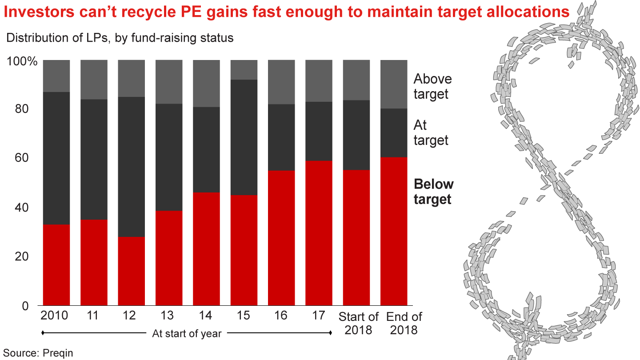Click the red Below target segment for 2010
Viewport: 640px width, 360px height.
pos(56,265)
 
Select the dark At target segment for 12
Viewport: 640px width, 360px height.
pos(131,167)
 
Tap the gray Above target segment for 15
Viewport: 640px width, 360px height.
pos(244,70)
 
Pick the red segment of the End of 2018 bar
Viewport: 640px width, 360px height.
pos(394,231)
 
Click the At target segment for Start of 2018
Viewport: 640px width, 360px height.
pos(356,135)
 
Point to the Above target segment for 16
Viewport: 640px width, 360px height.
pos(281,82)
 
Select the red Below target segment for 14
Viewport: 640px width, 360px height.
pos(206,249)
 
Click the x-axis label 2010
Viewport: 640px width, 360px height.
pos(54,316)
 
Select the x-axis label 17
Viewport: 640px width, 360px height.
pos(319,316)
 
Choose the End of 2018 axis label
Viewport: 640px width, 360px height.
pos(404,323)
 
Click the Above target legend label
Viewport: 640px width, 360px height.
pos(432,86)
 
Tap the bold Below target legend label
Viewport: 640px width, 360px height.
pos(434,192)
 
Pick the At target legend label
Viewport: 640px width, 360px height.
pos(431,133)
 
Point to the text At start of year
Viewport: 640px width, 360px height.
pos(187,333)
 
